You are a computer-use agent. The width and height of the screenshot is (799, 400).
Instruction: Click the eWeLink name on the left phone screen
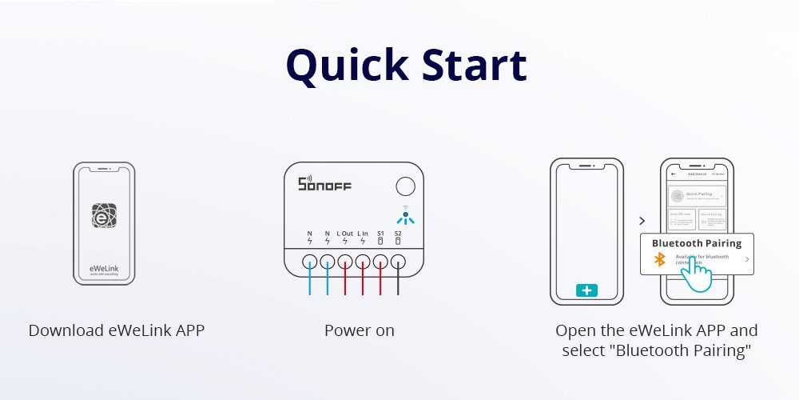[x=104, y=266]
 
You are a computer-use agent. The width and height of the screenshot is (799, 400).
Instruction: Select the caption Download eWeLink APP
[x=117, y=330]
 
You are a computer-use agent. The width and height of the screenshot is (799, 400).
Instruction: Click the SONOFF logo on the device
[x=324, y=184]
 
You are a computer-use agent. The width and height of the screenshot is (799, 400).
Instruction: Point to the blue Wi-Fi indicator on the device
[x=405, y=216]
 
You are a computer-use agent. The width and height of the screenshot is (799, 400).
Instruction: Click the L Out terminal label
[x=344, y=234]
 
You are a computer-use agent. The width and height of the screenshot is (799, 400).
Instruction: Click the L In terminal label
[x=363, y=234]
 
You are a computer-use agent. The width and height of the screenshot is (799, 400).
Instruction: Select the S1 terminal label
[x=380, y=234]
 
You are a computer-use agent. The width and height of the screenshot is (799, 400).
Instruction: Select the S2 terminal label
[x=398, y=234]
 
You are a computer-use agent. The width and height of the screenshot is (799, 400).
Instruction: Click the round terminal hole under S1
[x=380, y=261]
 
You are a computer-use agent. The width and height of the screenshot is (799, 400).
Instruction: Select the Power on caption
[x=359, y=330]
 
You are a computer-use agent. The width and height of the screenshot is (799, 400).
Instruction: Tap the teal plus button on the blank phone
[x=586, y=290]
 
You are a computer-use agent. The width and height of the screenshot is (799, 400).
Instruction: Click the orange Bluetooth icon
[x=660, y=259]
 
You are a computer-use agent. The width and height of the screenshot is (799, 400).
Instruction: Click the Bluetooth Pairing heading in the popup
[x=697, y=243]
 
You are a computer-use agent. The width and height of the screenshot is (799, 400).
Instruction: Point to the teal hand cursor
[x=698, y=276]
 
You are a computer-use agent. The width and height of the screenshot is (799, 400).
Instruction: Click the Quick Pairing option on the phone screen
[x=697, y=195]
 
